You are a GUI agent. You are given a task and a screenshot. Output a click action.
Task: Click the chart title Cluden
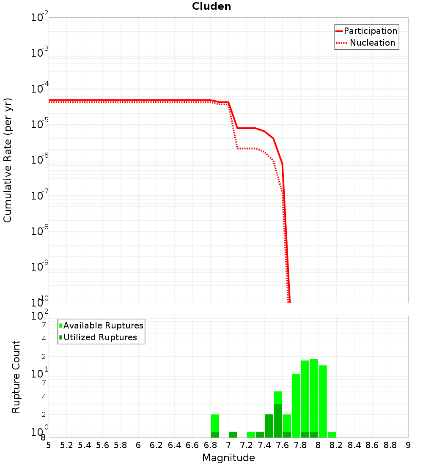coord(211,6)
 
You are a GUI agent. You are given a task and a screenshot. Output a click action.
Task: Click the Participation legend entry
coord(371,31)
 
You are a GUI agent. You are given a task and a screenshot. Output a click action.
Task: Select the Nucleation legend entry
coord(372,43)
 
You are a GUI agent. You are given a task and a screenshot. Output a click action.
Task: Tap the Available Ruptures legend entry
coord(103,325)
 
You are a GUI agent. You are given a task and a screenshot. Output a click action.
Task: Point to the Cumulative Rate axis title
coord(8,160)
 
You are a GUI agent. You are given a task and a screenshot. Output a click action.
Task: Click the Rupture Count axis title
coord(16,376)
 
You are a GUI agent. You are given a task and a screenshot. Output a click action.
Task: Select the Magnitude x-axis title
coord(228,457)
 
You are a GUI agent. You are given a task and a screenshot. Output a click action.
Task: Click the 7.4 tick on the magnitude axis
coord(264,445)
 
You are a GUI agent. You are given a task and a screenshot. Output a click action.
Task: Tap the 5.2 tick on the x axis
coord(66,445)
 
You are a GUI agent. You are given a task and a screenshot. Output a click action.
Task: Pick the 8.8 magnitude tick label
coord(390,445)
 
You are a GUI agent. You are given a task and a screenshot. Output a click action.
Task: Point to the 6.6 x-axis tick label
coord(192,445)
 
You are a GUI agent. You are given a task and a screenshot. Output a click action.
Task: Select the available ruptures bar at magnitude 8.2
coord(332,435)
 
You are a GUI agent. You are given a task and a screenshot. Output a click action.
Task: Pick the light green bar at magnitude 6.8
coord(215,423)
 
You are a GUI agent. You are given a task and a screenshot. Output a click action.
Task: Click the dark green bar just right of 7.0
coord(233,435)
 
